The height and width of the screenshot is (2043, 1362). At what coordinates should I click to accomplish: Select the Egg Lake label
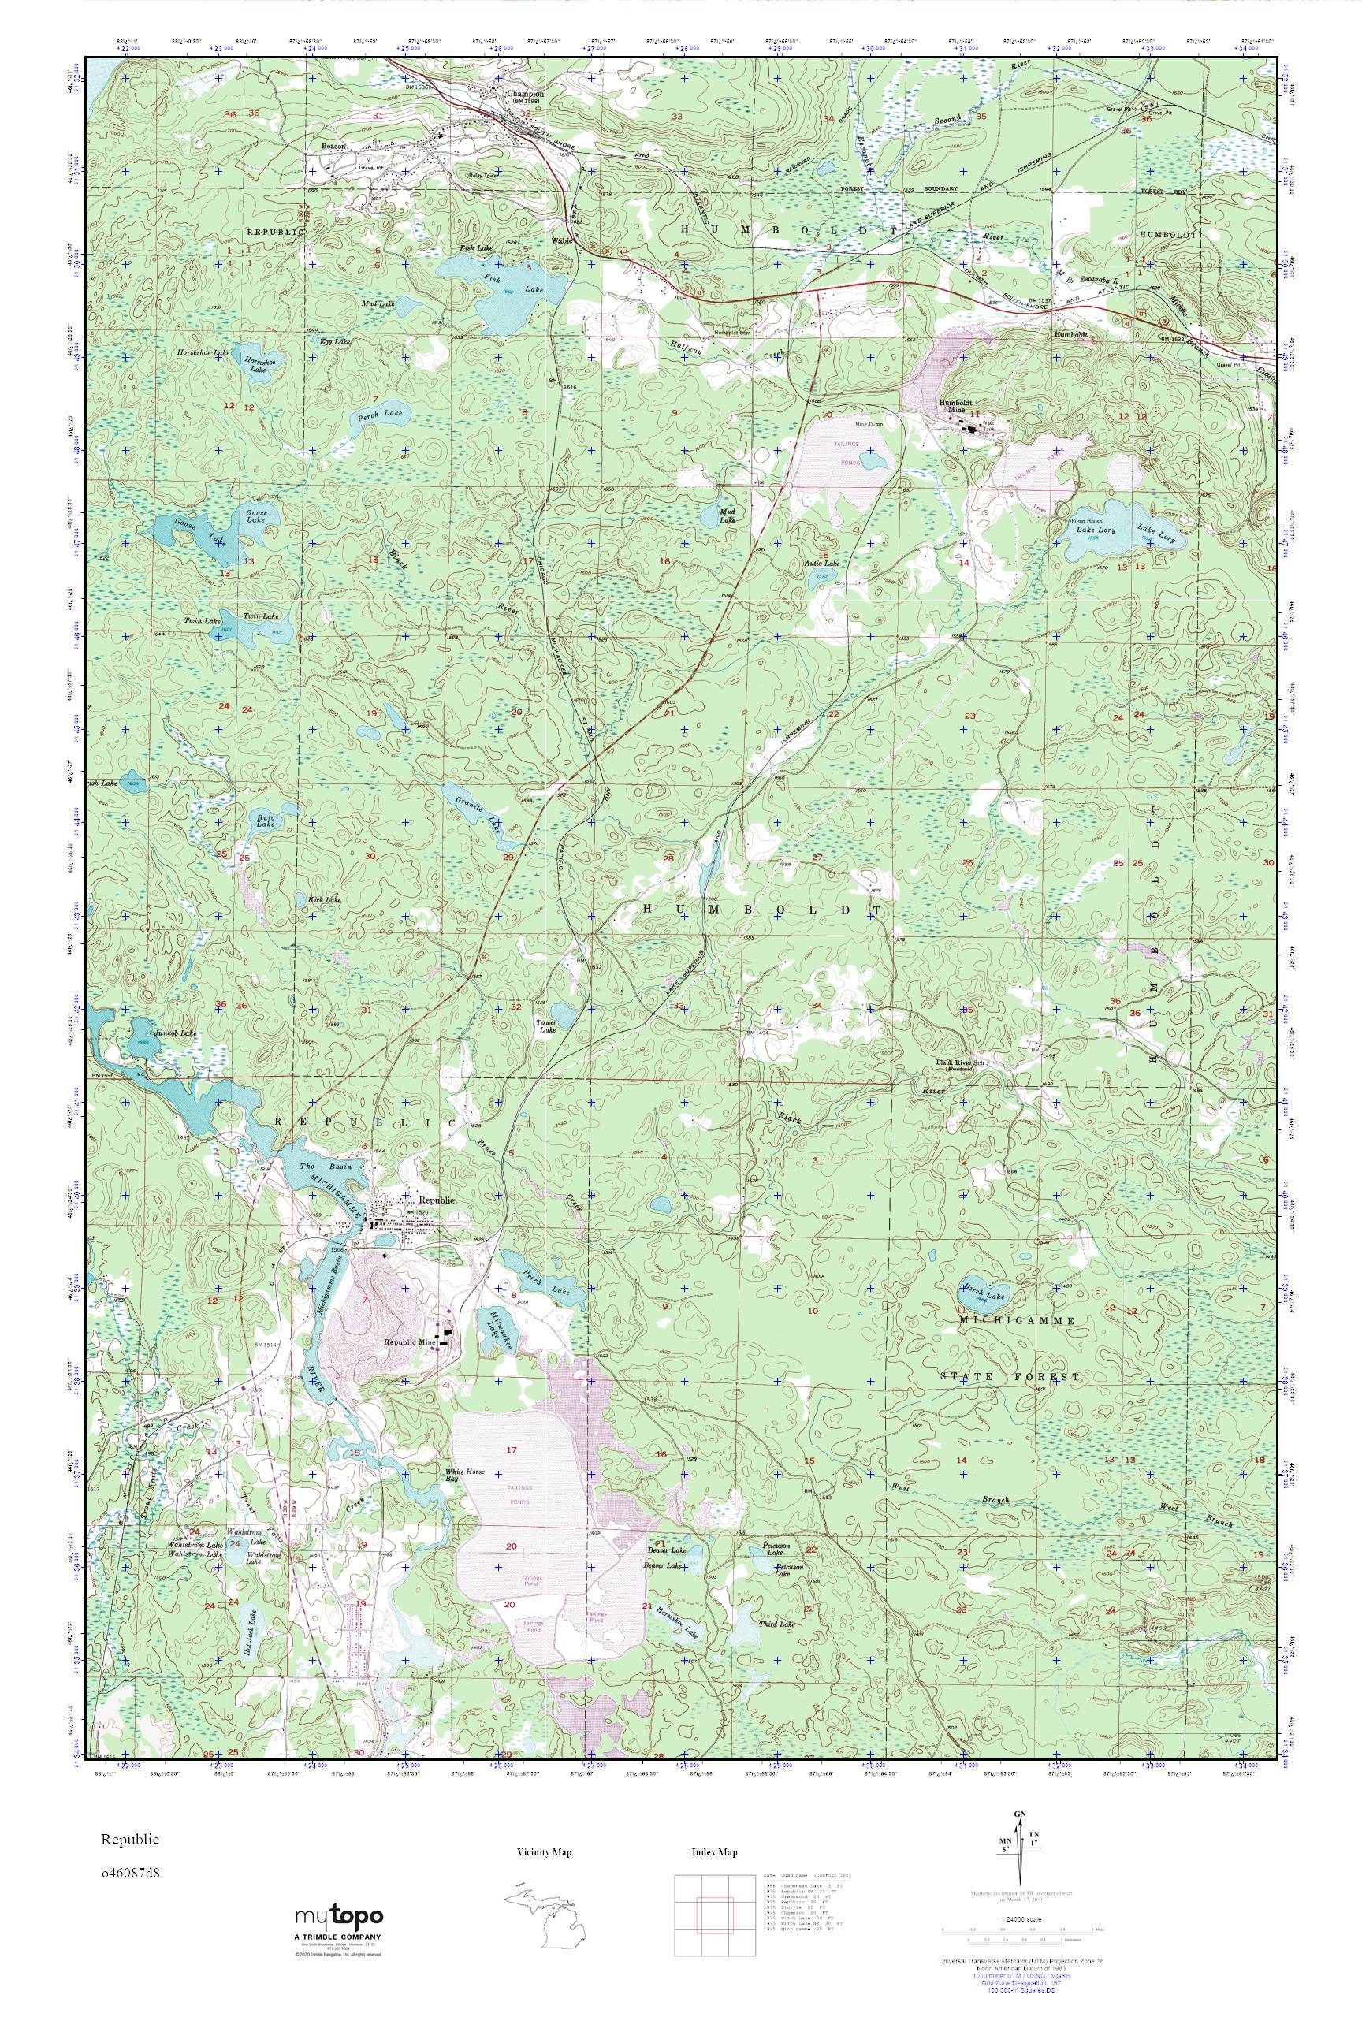point(334,342)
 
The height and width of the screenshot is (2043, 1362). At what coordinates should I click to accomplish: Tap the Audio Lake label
point(822,564)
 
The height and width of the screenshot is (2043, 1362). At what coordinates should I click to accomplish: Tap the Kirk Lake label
point(324,901)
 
